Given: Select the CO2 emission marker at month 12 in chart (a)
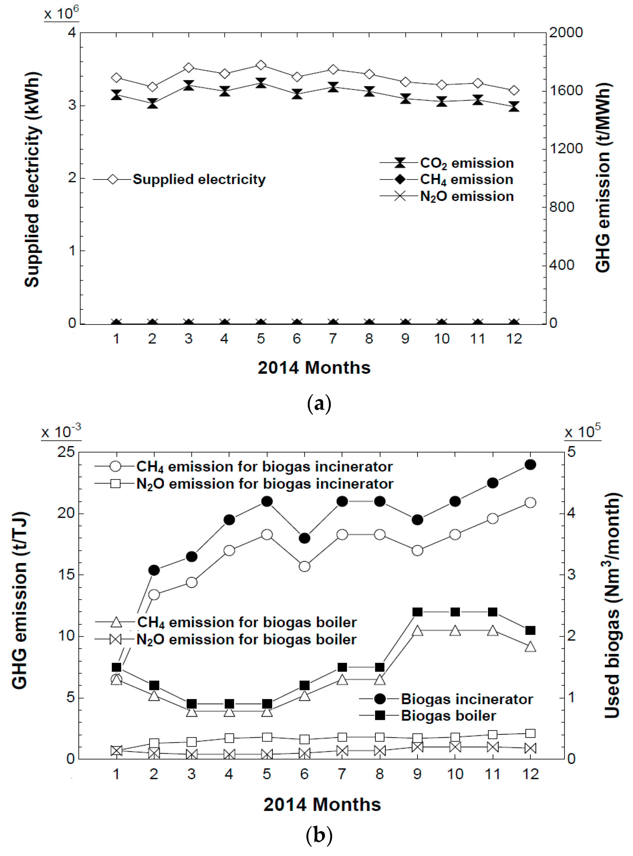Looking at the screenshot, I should (x=514, y=107).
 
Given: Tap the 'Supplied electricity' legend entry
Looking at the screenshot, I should (x=198, y=180).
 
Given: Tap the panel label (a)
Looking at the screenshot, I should (x=319, y=404).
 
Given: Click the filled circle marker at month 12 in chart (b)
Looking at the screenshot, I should (x=530, y=465).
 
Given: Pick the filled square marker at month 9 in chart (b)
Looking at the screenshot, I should (x=417, y=612).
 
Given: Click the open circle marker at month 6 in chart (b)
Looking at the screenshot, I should (x=305, y=566).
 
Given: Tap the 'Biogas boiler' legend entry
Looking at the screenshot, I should (x=448, y=716).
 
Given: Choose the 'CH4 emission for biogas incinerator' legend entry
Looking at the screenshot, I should (x=264, y=467).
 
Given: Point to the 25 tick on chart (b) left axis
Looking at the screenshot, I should (x=66, y=452).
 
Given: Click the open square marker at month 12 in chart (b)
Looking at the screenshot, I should (x=530, y=734).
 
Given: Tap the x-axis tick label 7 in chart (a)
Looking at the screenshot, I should (x=333, y=339).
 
